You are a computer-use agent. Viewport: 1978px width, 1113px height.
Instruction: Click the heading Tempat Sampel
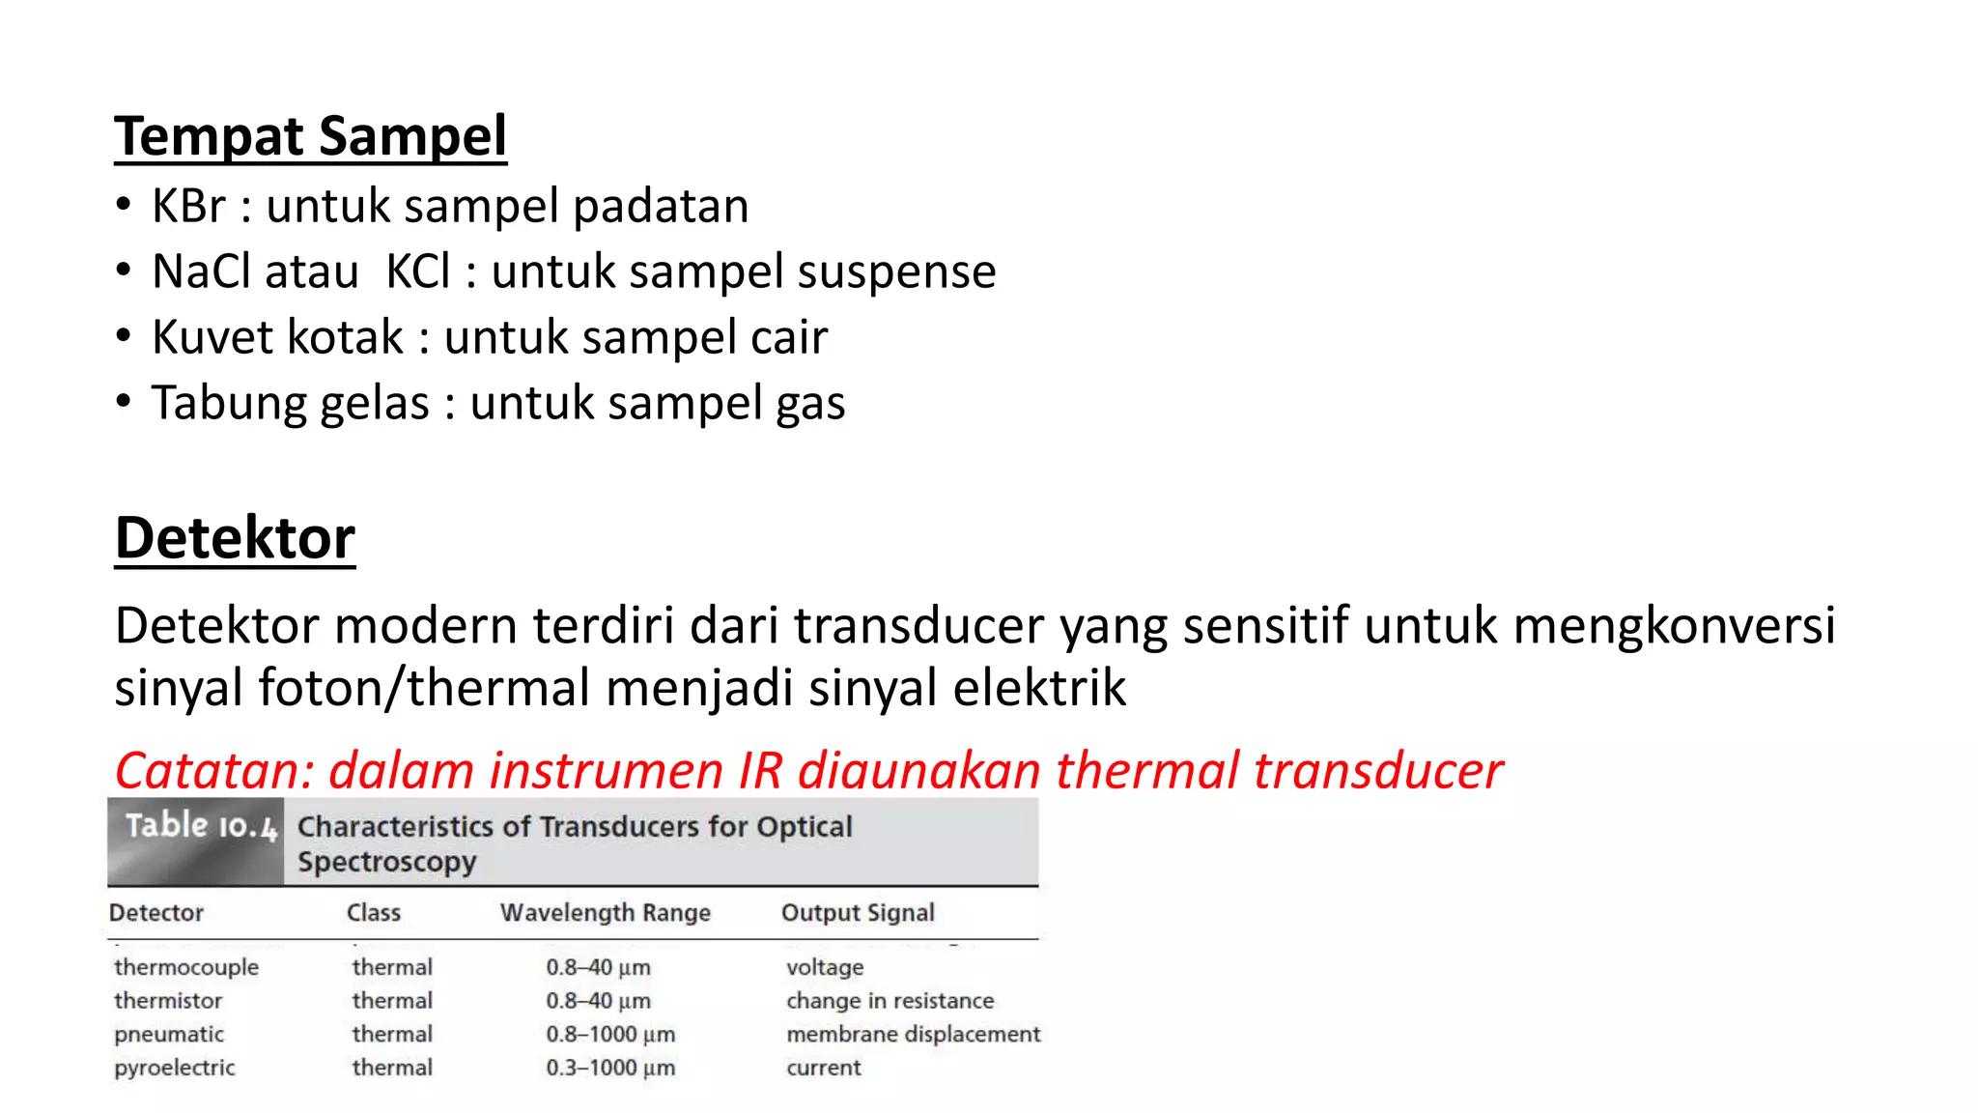pyautogui.click(x=310, y=136)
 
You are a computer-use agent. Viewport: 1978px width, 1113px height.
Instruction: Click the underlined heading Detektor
pyautogui.click(x=235, y=538)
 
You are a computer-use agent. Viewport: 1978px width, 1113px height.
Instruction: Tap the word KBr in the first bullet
pyautogui.click(x=188, y=206)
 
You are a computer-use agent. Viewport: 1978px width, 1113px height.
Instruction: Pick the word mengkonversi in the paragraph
pyautogui.click(x=1674, y=626)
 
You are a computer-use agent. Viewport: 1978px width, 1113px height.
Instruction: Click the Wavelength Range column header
pyautogui.click(x=606, y=913)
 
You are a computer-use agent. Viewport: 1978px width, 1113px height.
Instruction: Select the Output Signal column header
pyautogui.click(x=858, y=913)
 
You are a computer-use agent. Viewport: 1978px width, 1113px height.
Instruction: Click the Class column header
pyautogui.click(x=374, y=913)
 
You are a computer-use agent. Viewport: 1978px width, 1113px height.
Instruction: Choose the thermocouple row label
pyautogui.click(x=186, y=967)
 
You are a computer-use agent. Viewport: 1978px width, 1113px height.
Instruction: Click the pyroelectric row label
pyautogui.click(x=175, y=1068)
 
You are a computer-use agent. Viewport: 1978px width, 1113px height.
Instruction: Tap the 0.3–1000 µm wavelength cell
pyautogui.click(x=610, y=1068)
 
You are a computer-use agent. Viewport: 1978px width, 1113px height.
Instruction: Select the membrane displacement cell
pyautogui.click(x=913, y=1034)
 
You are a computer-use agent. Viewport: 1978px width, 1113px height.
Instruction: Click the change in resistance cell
pyautogui.click(x=890, y=1001)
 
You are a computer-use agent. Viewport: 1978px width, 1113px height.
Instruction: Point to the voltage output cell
pyautogui.click(x=825, y=967)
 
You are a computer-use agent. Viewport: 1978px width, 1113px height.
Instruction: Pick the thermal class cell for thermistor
pyautogui.click(x=392, y=1001)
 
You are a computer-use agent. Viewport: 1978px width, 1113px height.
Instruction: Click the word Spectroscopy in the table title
pyautogui.click(x=387, y=862)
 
